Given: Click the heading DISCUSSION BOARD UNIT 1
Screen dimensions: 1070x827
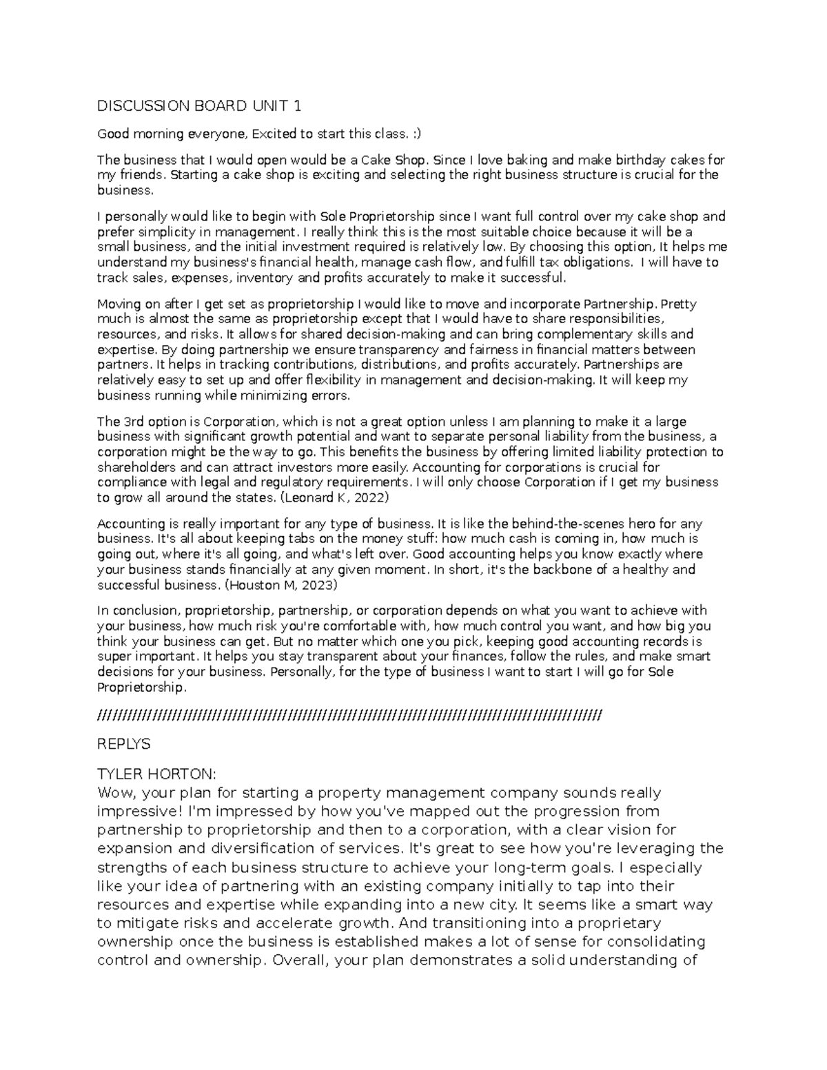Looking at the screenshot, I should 199,105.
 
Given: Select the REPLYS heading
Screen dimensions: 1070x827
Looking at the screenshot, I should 124,745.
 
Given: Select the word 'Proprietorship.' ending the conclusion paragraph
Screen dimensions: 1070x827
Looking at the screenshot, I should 141,688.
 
